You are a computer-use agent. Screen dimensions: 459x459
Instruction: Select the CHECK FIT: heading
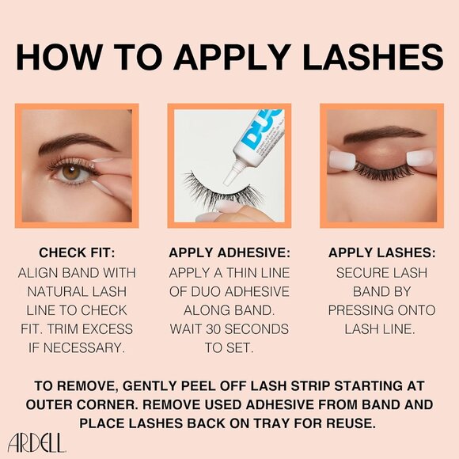(x=77, y=253)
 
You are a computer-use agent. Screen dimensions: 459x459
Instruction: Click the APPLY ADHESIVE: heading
(x=229, y=253)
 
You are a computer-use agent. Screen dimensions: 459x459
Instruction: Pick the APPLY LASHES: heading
(x=381, y=253)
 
